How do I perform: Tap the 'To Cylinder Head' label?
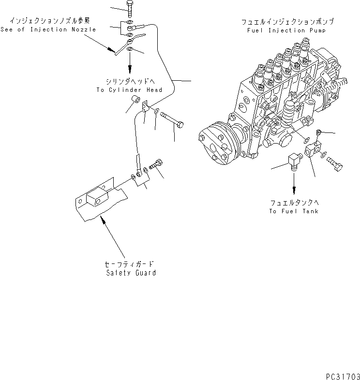pos(129,90)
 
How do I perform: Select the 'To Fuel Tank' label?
pos(294,211)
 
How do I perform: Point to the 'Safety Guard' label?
pos(131,273)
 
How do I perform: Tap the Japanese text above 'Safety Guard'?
pos(131,264)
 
